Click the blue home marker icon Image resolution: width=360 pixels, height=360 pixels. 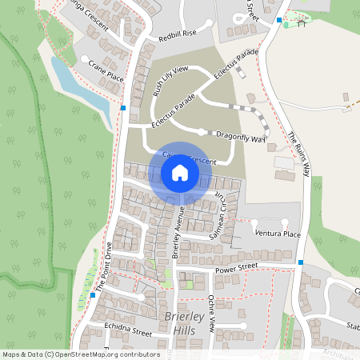coord(180,173)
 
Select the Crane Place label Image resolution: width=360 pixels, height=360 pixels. coord(106,70)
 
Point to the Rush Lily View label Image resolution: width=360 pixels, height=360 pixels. coord(170,81)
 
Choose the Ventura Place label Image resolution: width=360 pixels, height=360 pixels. coord(277,234)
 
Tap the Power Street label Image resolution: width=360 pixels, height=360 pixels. coord(237,266)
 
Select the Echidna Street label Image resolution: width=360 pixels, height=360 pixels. coord(128,330)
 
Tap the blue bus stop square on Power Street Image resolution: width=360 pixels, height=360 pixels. coord(301,262)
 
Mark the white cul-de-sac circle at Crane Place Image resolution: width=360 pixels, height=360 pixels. coord(85,58)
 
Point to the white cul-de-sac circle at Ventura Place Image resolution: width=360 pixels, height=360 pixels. coord(284,222)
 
